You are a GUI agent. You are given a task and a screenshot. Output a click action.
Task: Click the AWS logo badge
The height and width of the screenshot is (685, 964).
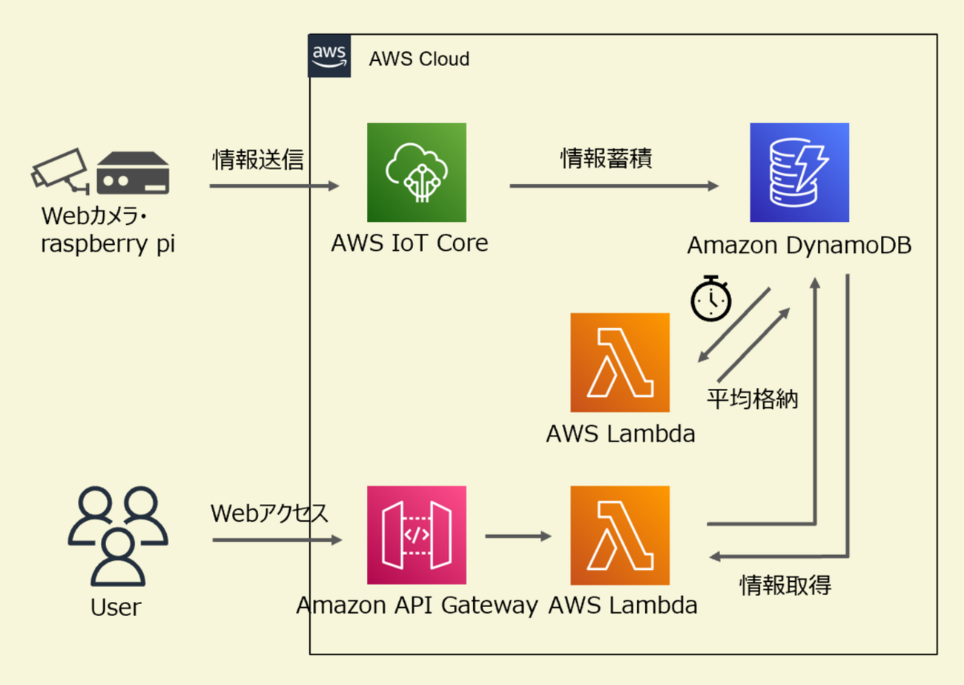(330, 56)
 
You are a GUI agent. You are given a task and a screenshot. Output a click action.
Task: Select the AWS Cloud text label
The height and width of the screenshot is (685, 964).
(419, 59)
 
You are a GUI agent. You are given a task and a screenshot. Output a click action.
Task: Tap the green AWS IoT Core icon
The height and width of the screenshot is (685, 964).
(417, 172)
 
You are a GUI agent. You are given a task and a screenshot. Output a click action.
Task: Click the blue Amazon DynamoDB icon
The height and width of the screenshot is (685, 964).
(799, 172)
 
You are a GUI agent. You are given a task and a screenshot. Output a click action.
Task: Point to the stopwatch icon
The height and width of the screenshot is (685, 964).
(711, 298)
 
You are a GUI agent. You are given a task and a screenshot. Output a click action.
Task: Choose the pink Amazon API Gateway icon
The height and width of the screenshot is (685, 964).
(417, 535)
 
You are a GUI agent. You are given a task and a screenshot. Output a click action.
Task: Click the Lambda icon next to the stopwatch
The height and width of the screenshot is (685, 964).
(620, 362)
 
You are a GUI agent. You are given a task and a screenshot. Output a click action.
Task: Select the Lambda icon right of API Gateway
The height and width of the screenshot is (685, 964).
(620, 535)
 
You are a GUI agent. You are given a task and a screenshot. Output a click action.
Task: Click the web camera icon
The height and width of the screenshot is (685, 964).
(59, 169)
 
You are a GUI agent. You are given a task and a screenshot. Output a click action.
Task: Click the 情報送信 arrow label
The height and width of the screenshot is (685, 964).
(258, 160)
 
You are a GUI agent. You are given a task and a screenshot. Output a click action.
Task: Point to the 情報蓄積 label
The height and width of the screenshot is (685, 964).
(606, 160)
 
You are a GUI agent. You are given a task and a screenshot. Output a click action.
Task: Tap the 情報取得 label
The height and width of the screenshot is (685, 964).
(785, 586)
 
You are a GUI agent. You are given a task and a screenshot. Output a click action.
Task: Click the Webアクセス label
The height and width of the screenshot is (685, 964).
(269, 514)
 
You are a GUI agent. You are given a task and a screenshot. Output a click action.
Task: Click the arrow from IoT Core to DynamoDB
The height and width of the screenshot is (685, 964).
(615, 186)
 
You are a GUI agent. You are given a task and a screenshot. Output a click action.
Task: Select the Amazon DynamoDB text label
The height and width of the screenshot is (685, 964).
(799, 246)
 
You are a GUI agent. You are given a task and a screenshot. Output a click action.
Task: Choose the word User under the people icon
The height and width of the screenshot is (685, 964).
(116, 608)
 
